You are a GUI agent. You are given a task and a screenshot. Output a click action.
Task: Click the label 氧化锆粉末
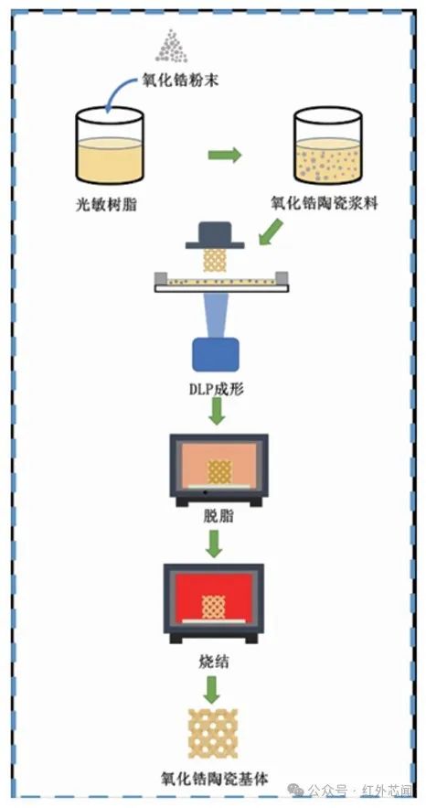(x=183, y=81)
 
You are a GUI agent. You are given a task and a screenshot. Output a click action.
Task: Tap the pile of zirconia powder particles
(x=172, y=47)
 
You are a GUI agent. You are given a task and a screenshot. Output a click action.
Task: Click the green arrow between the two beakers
(x=225, y=155)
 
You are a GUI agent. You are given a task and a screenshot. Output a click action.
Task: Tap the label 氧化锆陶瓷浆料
(x=325, y=203)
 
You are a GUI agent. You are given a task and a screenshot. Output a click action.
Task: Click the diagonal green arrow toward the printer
(x=271, y=232)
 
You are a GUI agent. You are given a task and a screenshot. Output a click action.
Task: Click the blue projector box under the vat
(x=216, y=354)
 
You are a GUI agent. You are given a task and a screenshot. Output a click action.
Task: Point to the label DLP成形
(x=216, y=389)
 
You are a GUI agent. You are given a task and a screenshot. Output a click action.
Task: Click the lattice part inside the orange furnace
(x=219, y=472)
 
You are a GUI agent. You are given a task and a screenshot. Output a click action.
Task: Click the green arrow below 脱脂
(x=215, y=544)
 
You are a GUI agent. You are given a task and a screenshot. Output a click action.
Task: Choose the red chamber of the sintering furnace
(x=214, y=598)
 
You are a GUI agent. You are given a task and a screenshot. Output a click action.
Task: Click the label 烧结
(x=214, y=663)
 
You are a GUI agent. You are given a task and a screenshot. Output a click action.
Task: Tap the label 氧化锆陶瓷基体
(x=215, y=778)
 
